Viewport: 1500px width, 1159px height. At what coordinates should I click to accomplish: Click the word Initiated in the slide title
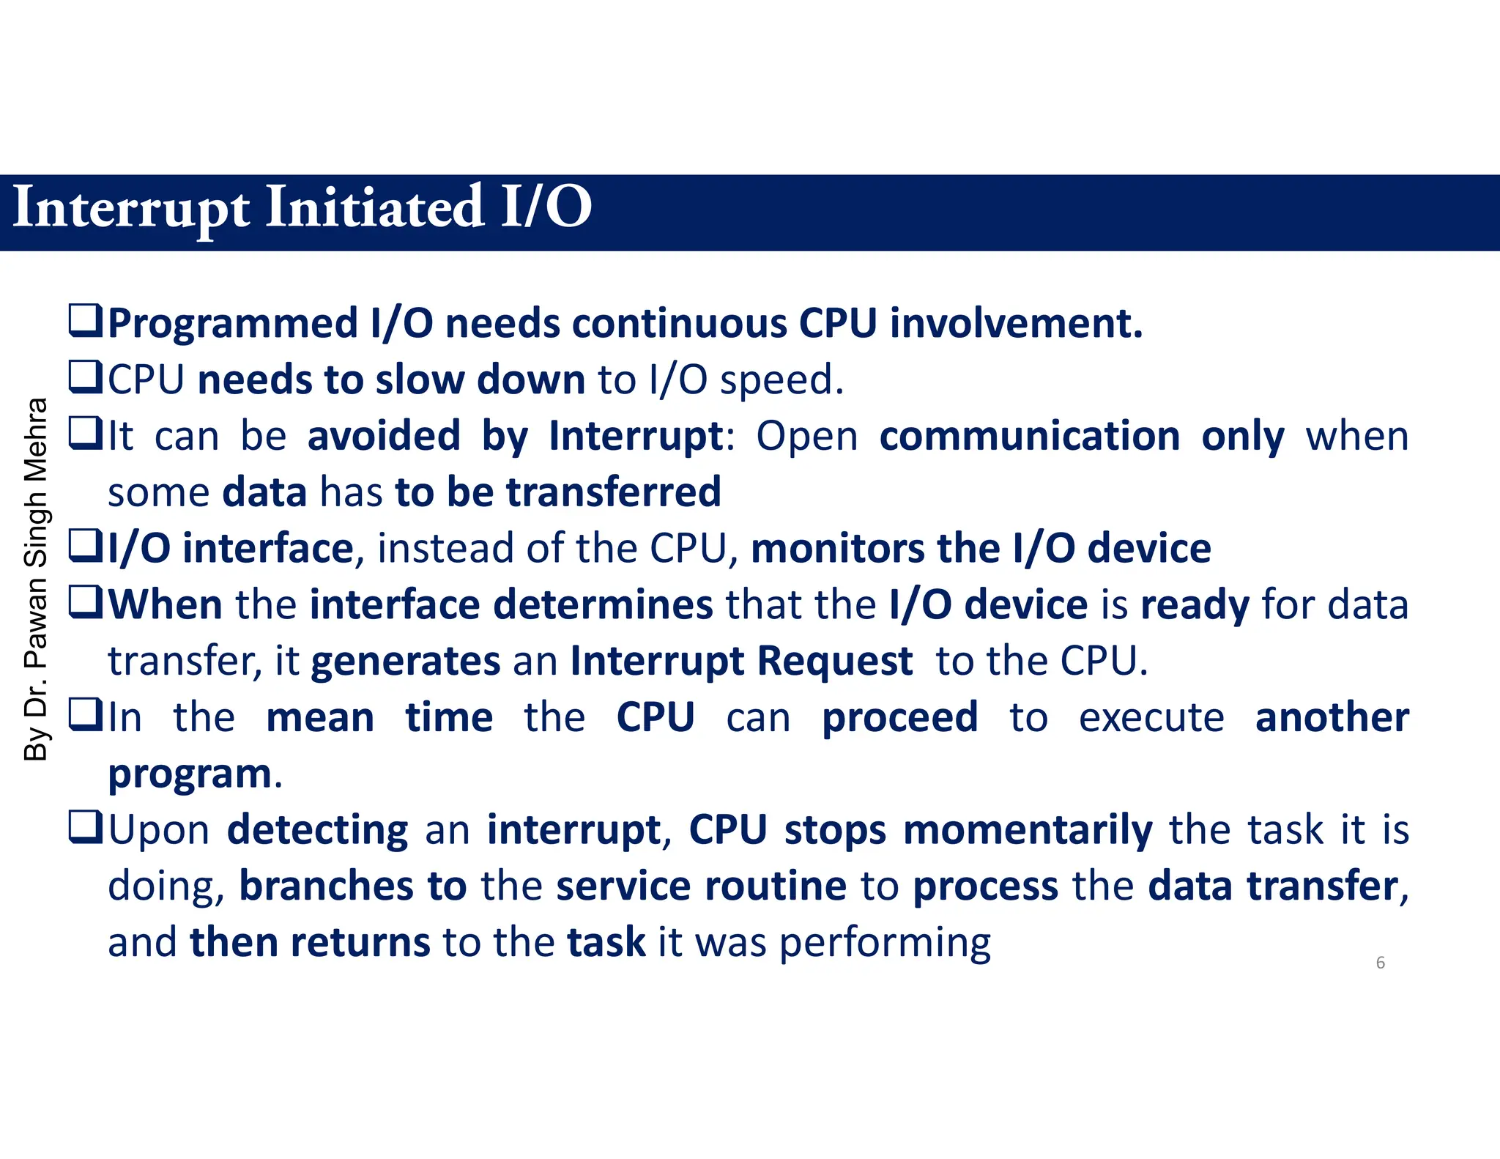point(374,208)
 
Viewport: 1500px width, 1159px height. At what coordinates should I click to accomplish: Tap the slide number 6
point(1380,963)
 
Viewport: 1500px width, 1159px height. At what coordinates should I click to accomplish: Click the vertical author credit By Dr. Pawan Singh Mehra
point(36,579)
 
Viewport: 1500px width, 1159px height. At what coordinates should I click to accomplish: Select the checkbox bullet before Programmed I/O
point(86,321)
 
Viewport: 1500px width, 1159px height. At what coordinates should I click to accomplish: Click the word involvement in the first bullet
point(1016,324)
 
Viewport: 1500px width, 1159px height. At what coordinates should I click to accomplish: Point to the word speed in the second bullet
point(781,380)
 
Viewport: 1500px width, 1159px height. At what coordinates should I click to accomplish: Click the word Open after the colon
point(806,437)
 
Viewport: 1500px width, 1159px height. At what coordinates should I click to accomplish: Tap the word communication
point(1029,437)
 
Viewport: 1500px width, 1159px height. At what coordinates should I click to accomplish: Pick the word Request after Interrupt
point(834,662)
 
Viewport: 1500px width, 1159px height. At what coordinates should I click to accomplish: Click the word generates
point(406,662)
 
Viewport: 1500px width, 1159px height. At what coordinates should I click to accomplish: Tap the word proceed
point(899,718)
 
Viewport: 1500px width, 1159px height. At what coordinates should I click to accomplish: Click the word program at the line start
point(190,775)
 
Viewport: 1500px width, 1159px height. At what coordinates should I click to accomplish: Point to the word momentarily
point(1028,831)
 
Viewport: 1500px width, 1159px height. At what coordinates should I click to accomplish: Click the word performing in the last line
point(885,944)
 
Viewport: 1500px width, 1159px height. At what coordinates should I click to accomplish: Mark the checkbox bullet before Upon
point(86,828)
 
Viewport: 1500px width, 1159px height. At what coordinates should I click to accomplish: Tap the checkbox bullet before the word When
point(86,603)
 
